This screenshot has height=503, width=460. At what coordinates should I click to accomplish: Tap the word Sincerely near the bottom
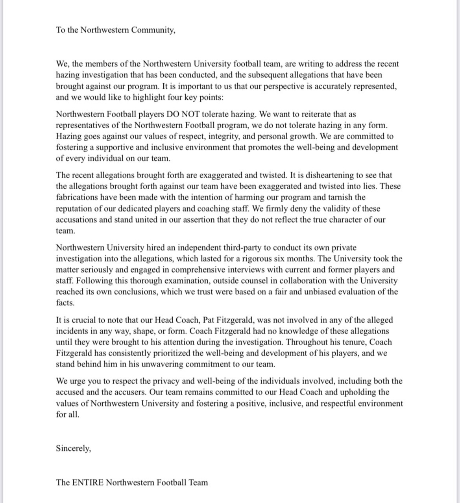coord(73,448)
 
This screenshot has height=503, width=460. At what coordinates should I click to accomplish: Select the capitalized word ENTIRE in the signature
coord(88,482)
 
